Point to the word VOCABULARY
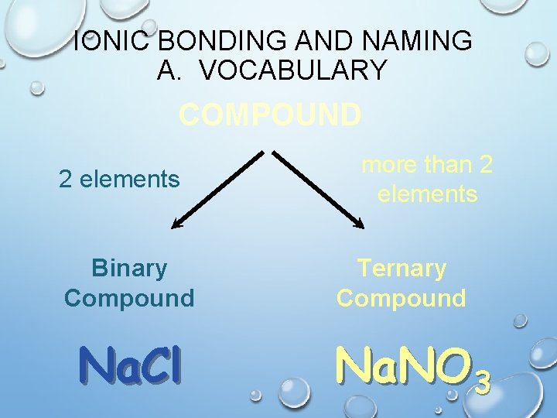[292, 70]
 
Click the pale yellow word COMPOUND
[270, 115]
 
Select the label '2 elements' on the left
[120, 180]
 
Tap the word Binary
[129, 269]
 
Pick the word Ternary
[402, 269]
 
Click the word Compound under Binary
[129, 298]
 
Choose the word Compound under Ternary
[402, 298]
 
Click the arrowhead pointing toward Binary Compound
[176, 224]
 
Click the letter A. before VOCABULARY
[167, 70]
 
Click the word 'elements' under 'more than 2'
[428, 194]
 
